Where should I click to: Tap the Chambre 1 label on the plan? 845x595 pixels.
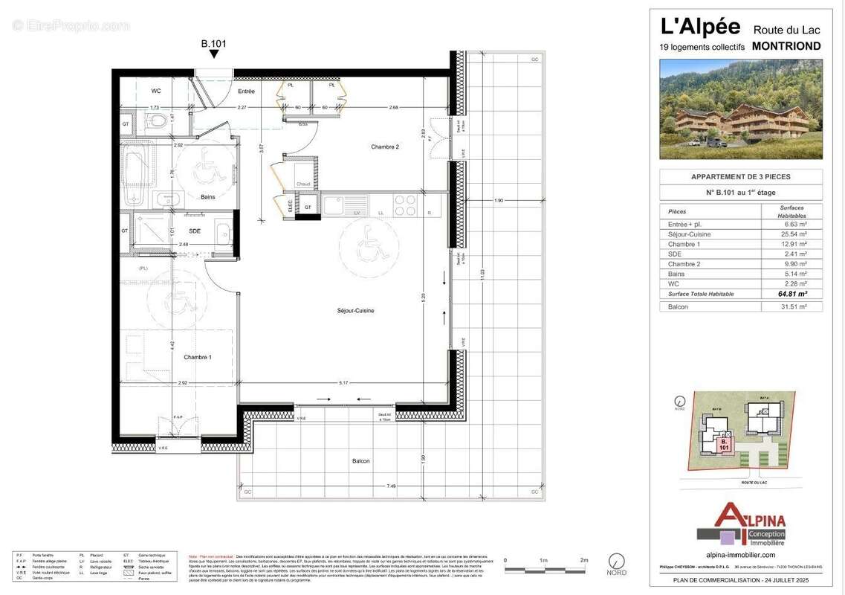click(198, 358)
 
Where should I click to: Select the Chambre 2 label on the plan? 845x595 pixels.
click(385, 147)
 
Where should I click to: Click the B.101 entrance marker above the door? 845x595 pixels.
click(213, 44)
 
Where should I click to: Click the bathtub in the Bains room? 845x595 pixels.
click(136, 176)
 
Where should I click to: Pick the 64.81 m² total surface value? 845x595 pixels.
click(791, 294)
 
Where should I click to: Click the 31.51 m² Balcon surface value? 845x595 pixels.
click(791, 306)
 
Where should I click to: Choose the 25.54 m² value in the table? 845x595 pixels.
click(791, 234)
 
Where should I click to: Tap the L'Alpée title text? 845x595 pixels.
click(700, 27)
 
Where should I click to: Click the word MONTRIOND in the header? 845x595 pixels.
click(786, 46)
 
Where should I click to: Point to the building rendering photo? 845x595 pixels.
click(740, 109)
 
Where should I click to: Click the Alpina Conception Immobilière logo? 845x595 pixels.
click(740, 524)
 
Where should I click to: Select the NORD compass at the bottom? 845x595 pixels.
click(616, 562)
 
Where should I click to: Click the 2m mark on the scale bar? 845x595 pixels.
click(584, 560)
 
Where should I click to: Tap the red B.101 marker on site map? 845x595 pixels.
click(724, 444)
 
